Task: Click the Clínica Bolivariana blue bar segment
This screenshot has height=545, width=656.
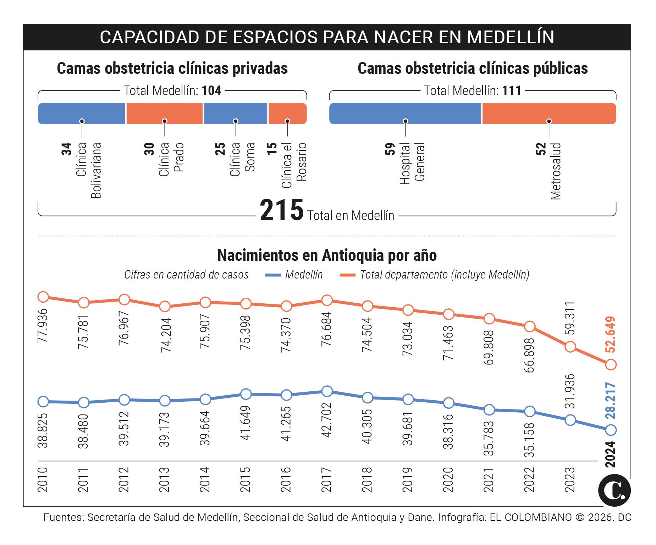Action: click(x=82, y=114)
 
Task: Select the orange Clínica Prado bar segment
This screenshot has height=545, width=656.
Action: click(x=164, y=114)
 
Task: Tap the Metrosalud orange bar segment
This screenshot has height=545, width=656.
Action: click(x=549, y=114)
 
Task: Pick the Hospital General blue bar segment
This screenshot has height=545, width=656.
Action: click(x=405, y=114)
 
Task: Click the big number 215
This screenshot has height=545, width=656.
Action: click(x=282, y=210)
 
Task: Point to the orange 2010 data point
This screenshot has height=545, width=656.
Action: click(x=43, y=297)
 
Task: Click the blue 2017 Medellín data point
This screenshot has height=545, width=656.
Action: click(x=327, y=391)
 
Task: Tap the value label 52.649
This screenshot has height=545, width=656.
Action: click(x=611, y=334)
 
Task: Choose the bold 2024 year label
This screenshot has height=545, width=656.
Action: click(x=610, y=454)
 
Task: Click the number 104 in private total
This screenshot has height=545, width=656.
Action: click(x=211, y=91)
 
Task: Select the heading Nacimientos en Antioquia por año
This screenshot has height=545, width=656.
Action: click(x=327, y=255)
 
